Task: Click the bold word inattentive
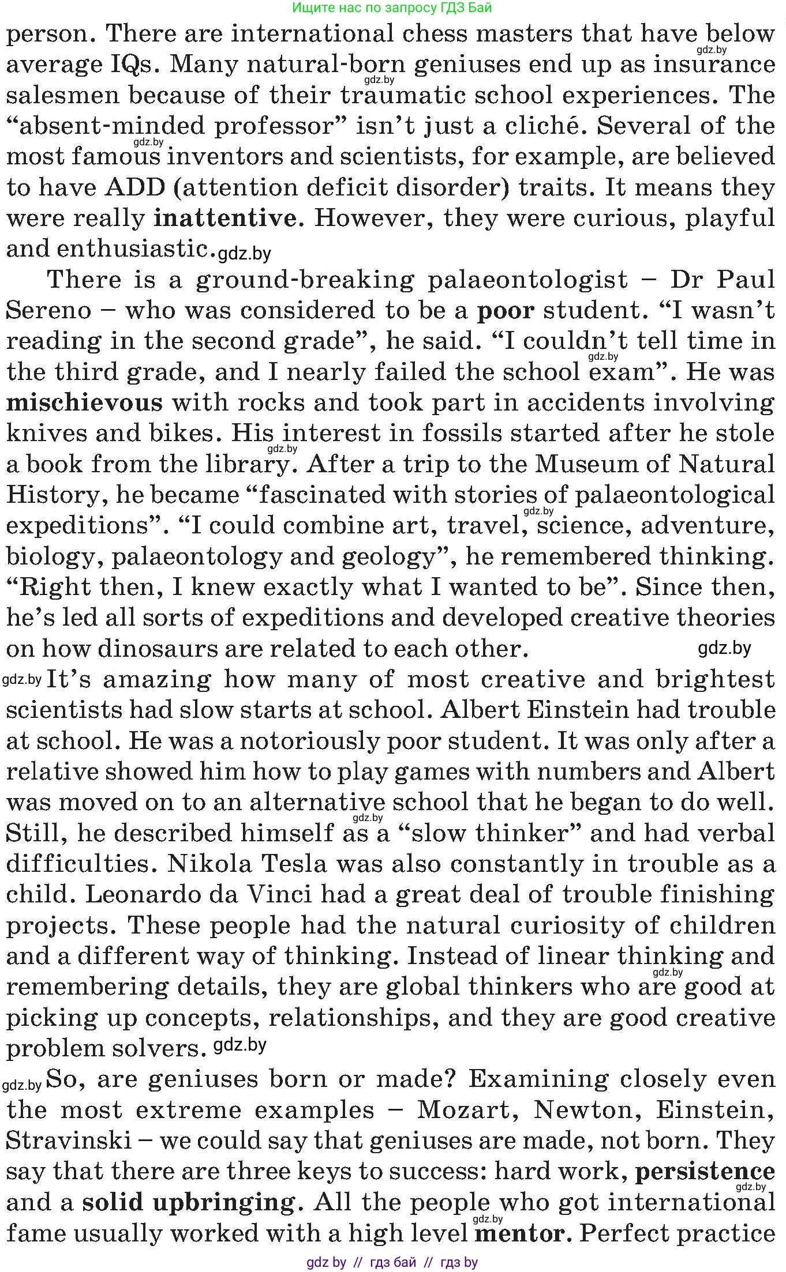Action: (x=224, y=218)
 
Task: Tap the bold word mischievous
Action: (x=84, y=402)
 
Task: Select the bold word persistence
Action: (x=705, y=1171)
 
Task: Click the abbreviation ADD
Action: (x=135, y=187)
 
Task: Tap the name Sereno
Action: (x=48, y=310)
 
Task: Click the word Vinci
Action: (x=280, y=894)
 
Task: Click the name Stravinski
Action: (x=69, y=1140)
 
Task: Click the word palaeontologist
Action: (x=527, y=280)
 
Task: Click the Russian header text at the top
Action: (x=392, y=7)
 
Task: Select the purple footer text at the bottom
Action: (x=392, y=1262)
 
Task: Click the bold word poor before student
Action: (x=506, y=310)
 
